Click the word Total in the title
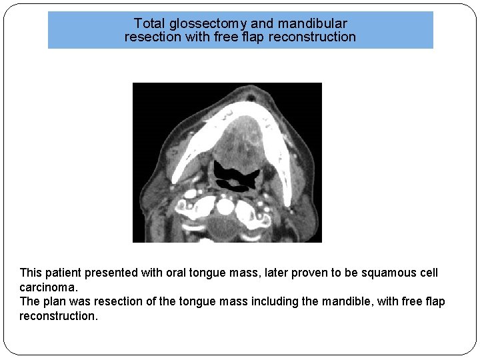pos(148,23)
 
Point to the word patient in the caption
pos(68,273)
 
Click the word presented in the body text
pos(116,273)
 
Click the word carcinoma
pos(48,287)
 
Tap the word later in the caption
pos(283,273)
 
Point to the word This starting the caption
pos(31,273)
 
